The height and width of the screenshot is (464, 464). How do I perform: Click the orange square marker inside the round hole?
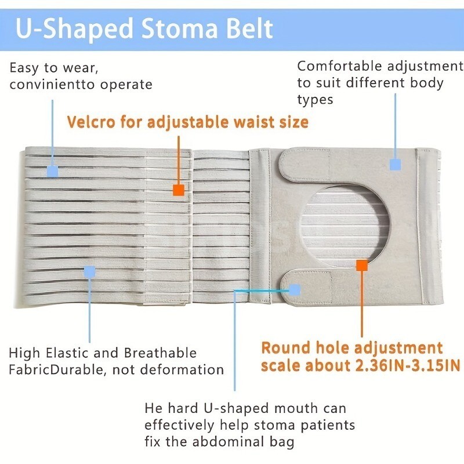click(x=362, y=265)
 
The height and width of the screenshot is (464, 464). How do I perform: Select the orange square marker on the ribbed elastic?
click(x=179, y=190)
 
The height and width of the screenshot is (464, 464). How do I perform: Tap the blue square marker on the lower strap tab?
click(x=295, y=289)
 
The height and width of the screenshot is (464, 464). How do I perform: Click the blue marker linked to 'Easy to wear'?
click(x=53, y=172)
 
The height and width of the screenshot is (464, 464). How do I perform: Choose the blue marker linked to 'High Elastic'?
click(x=89, y=271)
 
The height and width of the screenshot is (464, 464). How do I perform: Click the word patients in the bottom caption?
click(x=327, y=425)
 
